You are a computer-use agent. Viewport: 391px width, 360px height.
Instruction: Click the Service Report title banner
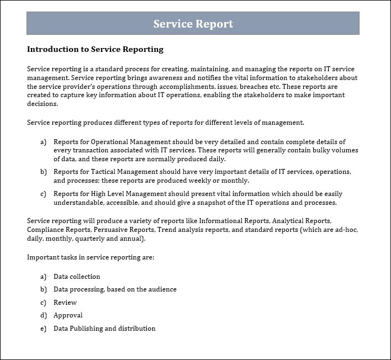pyautogui.click(x=193, y=24)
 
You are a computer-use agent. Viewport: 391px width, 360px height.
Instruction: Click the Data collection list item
pyautogui.click(x=77, y=277)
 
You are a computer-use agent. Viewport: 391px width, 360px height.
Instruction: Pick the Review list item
pyautogui.click(x=65, y=303)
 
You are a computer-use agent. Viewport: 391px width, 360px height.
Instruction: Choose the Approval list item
pyautogui.click(x=68, y=315)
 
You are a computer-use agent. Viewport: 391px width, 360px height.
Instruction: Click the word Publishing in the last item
pyautogui.click(x=86, y=329)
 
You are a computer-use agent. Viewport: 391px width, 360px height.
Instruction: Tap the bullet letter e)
pyautogui.click(x=43, y=329)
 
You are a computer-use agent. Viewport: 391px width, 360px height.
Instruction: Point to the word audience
pyautogui.click(x=161, y=289)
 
